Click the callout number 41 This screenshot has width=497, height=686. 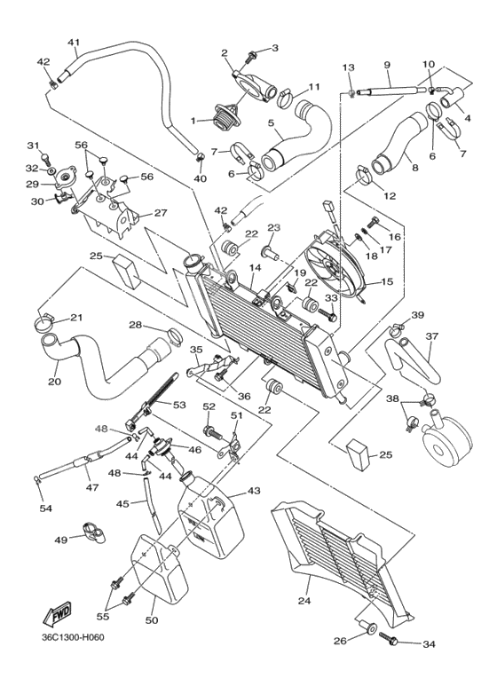74,42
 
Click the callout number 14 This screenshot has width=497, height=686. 255,267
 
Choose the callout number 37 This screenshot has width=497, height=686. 432,336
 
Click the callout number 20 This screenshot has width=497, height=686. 54,382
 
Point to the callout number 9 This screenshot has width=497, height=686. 388,65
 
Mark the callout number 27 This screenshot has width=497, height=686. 161,213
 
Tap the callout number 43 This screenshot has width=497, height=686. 254,491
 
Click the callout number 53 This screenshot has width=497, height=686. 179,405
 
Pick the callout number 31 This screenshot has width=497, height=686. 33,146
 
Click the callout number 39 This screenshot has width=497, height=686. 417,315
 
